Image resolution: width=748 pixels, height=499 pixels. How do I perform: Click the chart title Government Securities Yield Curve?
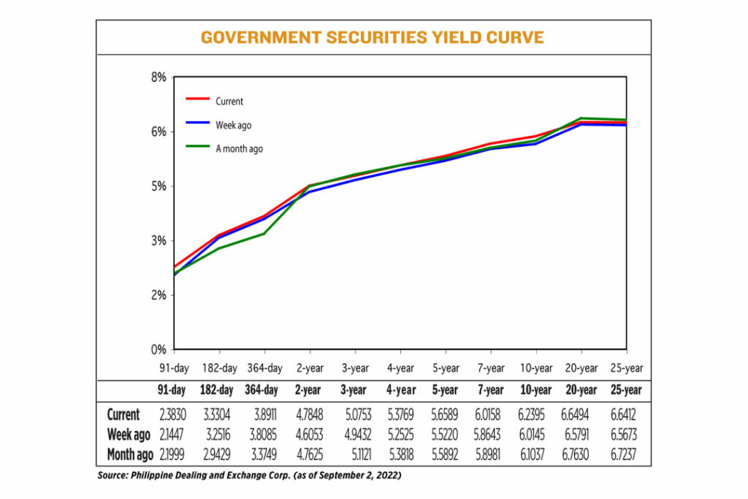click(x=373, y=37)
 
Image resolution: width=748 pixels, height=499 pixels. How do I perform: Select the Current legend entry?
click(x=229, y=102)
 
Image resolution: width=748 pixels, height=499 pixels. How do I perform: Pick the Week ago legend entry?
click(x=233, y=125)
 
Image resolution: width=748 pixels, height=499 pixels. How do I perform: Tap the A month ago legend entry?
click(x=239, y=148)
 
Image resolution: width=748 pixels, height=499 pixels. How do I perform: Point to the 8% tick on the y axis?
click(x=159, y=77)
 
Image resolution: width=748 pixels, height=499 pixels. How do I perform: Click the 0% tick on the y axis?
click(x=159, y=349)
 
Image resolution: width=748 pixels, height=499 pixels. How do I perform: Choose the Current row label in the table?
click(x=123, y=414)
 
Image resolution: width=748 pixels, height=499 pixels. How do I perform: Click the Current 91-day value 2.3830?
click(x=173, y=414)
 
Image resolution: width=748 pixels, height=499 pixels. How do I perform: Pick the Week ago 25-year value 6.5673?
click(x=626, y=435)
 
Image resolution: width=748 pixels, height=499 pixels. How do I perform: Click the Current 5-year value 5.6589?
click(x=445, y=414)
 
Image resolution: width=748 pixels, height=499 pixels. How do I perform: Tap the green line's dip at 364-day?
click(x=264, y=234)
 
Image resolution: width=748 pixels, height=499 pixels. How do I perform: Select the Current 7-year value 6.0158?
click(x=490, y=414)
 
